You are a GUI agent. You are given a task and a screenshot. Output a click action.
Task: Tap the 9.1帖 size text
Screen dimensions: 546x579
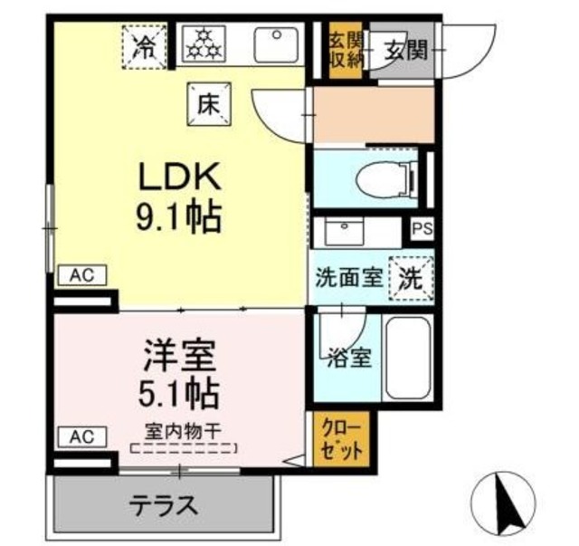[x=178, y=216]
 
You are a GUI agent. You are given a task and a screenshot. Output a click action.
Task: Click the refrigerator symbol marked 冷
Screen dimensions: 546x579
[x=144, y=45]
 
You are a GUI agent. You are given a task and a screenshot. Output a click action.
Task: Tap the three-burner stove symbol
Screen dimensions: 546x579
[x=204, y=44]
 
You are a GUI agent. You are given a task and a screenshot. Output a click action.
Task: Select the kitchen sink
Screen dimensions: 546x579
[x=276, y=44]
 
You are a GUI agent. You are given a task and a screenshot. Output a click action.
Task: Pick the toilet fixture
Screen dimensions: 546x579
[x=384, y=179]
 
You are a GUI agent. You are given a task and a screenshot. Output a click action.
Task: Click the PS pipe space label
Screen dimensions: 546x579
[x=422, y=229]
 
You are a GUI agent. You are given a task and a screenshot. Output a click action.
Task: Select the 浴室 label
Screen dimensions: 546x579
[x=348, y=356]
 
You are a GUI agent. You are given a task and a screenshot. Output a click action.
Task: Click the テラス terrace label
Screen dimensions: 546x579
[x=163, y=503]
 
